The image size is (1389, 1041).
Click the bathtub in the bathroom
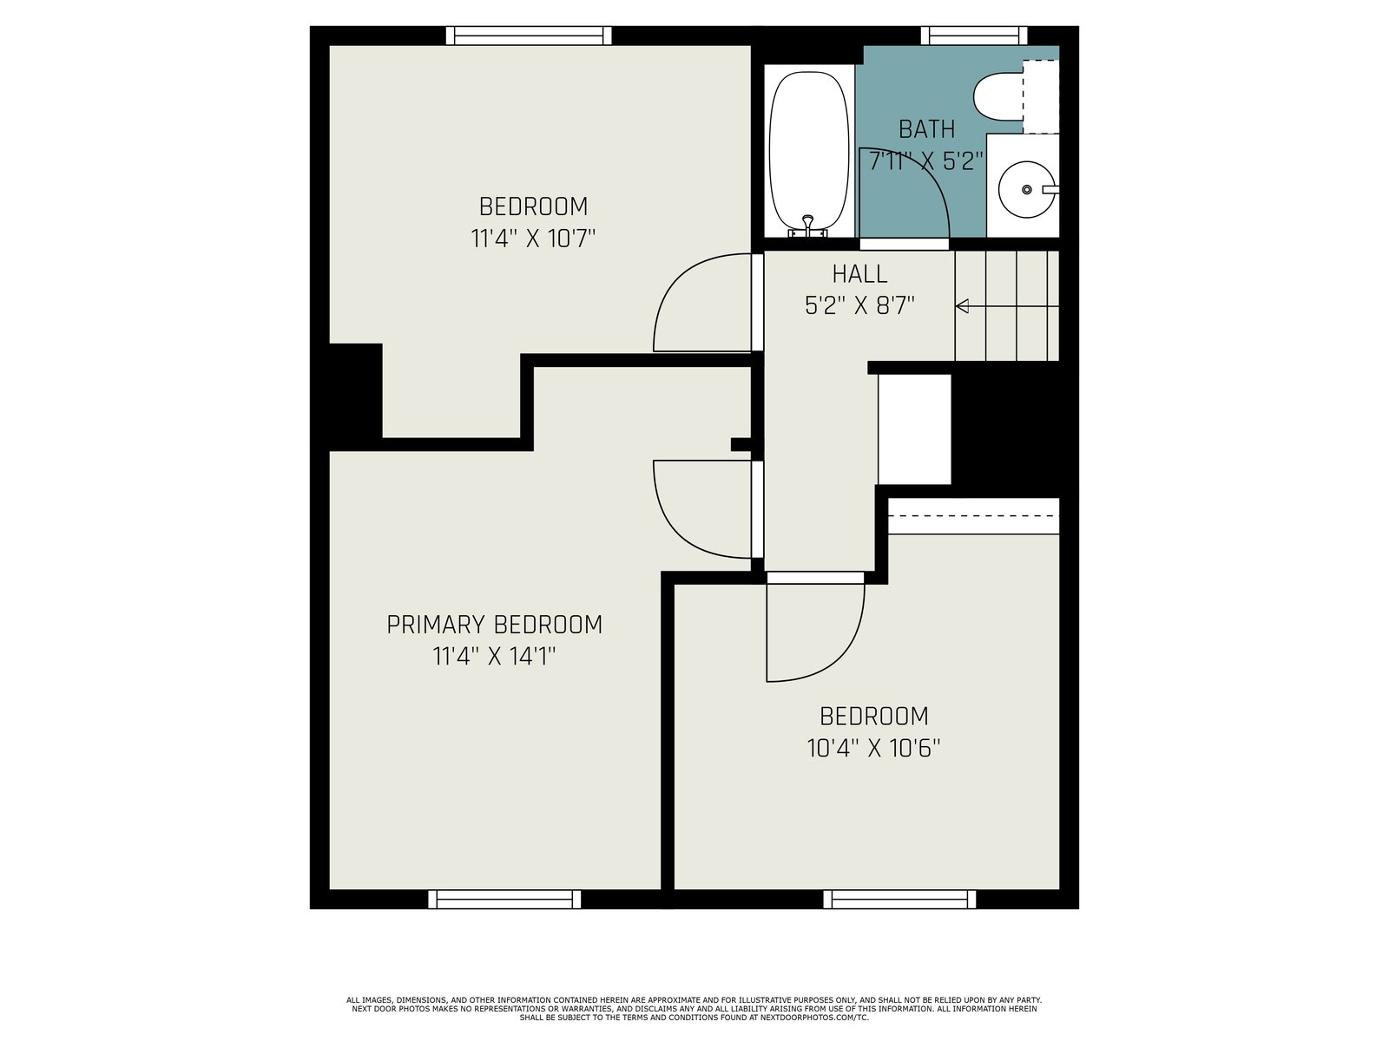click(809, 151)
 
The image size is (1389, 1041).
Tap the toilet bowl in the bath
click(998, 97)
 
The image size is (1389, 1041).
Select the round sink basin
click(1026, 189)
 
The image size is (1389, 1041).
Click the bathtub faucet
click(807, 226)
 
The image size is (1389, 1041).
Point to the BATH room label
click(926, 129)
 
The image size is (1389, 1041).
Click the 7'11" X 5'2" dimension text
click(926, 161)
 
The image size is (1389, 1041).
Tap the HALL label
click(859, 273)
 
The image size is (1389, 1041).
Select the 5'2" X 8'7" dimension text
click(859, 306)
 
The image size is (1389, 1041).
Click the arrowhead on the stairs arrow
click(962, 306)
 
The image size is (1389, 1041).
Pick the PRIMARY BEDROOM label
click(494, 625)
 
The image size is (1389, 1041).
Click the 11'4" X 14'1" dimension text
click(494, 656)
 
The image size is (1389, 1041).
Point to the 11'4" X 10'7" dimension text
click(533, 239)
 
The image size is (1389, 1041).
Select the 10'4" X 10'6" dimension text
click(873, 749)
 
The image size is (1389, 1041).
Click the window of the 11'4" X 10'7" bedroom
click(529, 36)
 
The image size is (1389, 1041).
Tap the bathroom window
click(974, 36)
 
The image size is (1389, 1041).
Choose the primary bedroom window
click(504, 899)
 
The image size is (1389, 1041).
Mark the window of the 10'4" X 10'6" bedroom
click(899, 899)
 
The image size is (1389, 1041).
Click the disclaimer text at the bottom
click(694, 1009)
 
